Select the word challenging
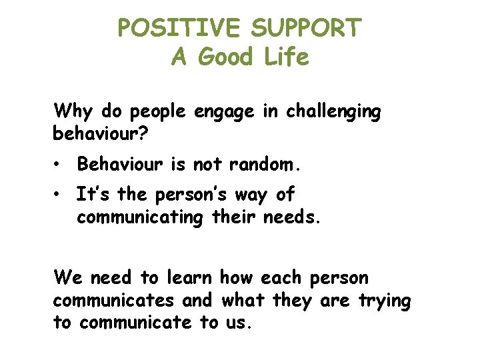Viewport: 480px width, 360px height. click(x=333, y=112)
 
